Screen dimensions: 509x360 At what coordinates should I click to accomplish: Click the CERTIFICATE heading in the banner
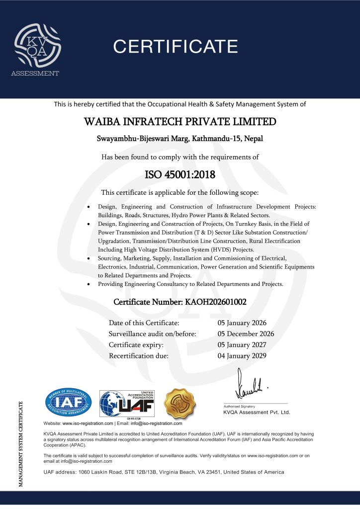pyautogui.click(x=176, y=47)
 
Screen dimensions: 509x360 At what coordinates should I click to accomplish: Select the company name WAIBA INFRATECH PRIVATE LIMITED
pyautogui.click(x=180, y=122)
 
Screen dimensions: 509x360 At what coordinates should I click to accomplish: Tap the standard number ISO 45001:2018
pyautogui.click(x=180, y=174)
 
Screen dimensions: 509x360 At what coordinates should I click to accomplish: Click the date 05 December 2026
pyautogui.click(x=246, y=334)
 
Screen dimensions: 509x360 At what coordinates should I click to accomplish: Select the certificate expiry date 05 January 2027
pyautogui.click(x=242, y=344)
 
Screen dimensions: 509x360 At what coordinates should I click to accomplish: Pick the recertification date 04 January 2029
pyautogui.click(x=242, y=355)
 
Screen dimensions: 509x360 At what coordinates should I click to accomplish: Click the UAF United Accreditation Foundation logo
pyautogui.click(x=127, y=403)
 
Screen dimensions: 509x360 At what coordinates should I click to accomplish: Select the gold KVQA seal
pyautogui.click(x=180, y=404)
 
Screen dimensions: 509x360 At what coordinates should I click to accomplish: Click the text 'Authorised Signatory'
pyautogui.click(x=239, y=406)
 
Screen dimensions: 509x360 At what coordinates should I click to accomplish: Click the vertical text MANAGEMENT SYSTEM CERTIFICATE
pyautogui.click(x=20, y=443)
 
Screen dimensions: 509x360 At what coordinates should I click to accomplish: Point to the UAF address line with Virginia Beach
pyautogui.click(x=164, y=472)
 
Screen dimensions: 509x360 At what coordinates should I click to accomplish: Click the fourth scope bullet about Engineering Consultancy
pyautogui.click(x=190, y=284)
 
